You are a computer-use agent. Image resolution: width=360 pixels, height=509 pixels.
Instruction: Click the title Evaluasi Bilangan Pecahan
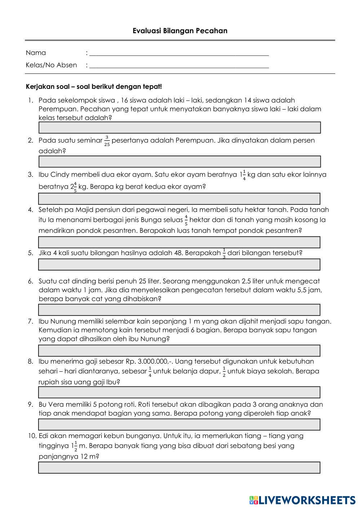point(180,31)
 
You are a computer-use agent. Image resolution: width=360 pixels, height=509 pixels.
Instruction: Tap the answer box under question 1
point(179,128)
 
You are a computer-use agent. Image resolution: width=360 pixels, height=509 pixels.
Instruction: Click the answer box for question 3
point(179,199)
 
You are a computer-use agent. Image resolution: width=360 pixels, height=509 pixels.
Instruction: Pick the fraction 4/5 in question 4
point(186,220)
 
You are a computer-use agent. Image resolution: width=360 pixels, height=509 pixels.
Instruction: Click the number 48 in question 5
point(178,253)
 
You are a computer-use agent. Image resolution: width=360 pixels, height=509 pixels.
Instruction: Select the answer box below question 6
point(179,310)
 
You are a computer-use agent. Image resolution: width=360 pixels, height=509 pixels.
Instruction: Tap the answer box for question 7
point(179,351)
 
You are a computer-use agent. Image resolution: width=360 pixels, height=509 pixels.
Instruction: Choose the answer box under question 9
point(179,425)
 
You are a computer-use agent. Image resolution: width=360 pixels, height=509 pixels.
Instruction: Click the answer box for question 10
point(179,468)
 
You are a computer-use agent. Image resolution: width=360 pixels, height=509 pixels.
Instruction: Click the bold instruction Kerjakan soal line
point(94,87)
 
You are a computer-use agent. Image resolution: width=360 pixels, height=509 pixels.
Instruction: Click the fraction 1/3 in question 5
point(224,253)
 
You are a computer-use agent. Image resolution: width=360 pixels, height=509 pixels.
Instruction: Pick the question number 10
point(32,436)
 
